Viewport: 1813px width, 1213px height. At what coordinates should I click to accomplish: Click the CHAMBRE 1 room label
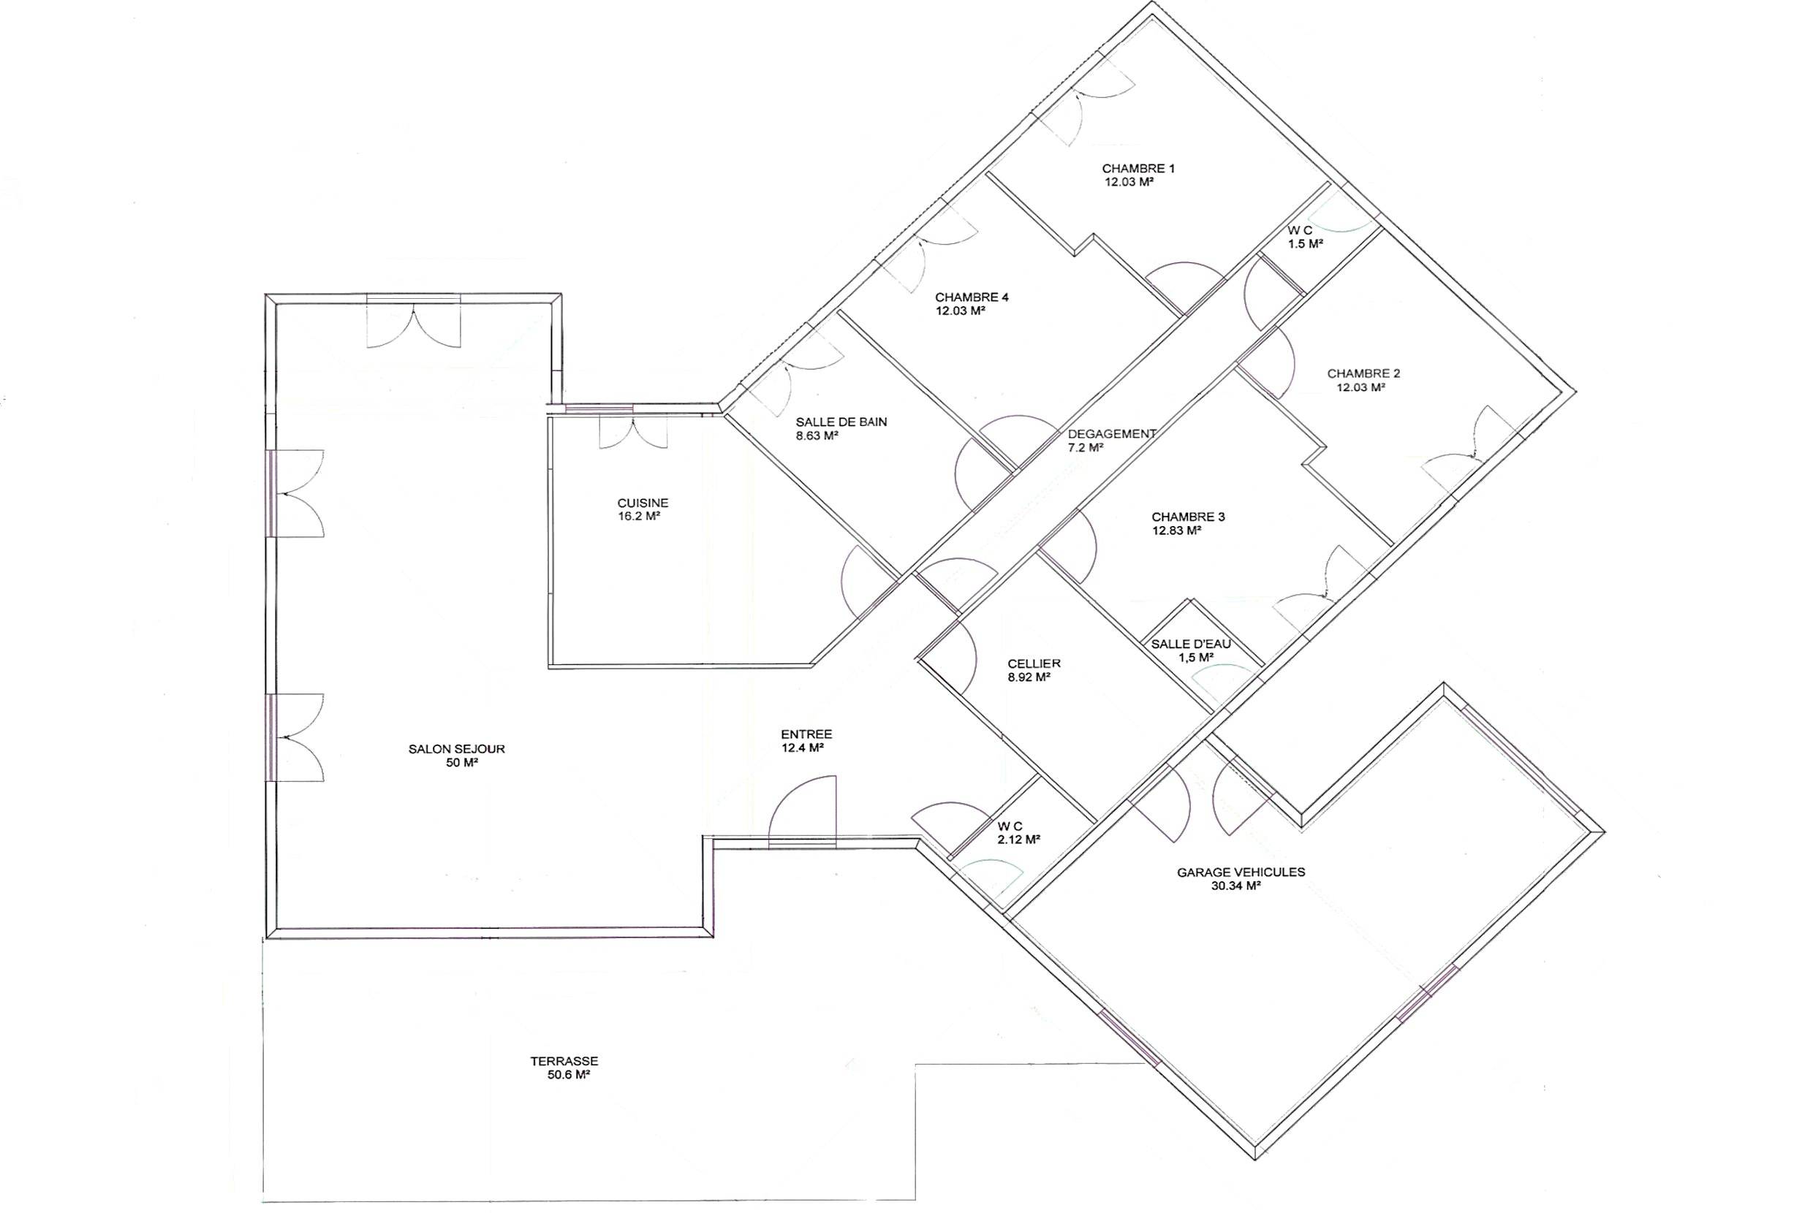1138,169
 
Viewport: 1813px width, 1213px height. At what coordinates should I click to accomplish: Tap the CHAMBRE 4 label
972,297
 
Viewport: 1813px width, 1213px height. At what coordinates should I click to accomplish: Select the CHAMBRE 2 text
1363,373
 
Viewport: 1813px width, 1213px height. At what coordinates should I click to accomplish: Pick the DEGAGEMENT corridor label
1112,434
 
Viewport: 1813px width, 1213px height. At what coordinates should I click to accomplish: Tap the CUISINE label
643,503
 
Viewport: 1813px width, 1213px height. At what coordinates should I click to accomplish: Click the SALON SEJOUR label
456,749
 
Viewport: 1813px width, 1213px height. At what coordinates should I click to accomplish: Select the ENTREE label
806,734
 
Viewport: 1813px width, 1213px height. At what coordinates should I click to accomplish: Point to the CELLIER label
1034,663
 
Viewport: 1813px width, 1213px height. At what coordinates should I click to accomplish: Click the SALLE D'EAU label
1191,644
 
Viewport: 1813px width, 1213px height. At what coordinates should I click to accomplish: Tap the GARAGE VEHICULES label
1241,872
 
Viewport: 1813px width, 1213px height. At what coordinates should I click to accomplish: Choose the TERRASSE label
564,1061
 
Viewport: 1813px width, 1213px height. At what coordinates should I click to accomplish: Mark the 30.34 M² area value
1236,886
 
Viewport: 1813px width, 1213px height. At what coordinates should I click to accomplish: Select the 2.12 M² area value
1018,840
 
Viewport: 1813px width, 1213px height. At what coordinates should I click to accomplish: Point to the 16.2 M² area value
638,516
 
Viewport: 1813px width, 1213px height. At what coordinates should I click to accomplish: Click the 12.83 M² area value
1176,531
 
